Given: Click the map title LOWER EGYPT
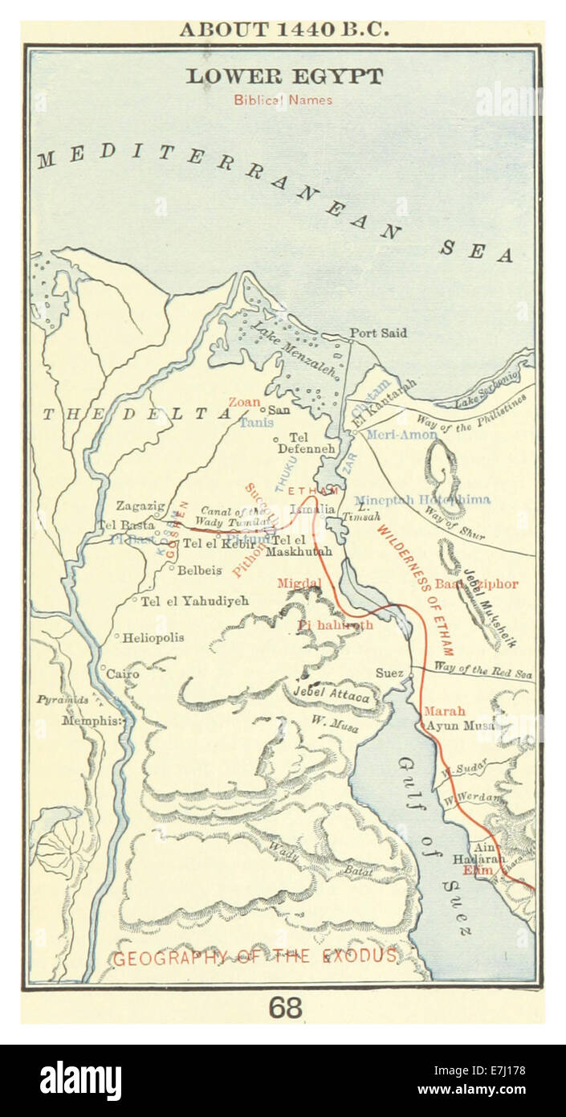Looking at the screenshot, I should (284, 76).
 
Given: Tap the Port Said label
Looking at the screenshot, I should (378, 333).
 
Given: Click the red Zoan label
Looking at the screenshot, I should (244, 402).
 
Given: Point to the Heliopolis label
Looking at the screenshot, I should (153, 637).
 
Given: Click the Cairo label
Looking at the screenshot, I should (122, 673).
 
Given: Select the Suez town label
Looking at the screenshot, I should (389, 673).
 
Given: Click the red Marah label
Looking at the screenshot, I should (444, 711).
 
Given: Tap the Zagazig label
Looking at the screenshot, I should (140, 505).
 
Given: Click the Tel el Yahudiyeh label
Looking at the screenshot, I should (194, 600).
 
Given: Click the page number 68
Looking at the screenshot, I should (285, 1007).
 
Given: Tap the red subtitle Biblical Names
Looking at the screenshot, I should (283, 100).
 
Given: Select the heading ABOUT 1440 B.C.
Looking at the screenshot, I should (284, 30).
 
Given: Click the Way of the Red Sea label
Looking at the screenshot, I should (483, 670).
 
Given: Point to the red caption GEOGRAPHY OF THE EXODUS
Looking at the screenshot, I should (254, 956).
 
